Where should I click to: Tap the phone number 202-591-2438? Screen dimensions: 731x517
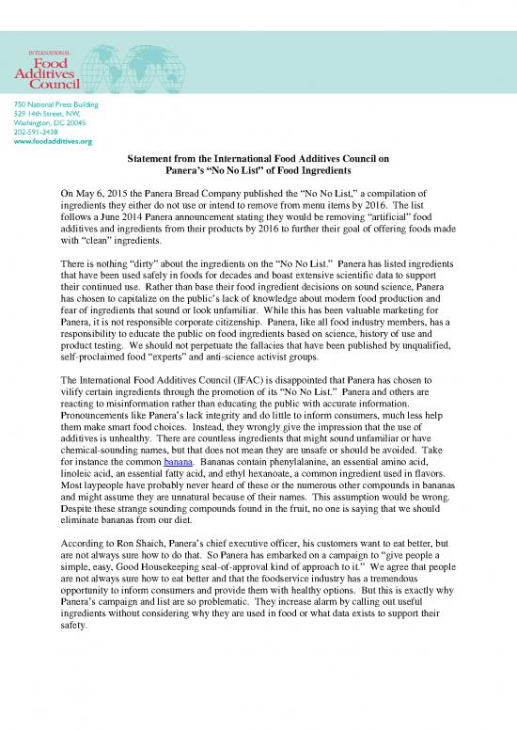tap(33, 132)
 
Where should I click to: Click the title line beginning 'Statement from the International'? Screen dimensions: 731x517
tap(258, 161)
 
